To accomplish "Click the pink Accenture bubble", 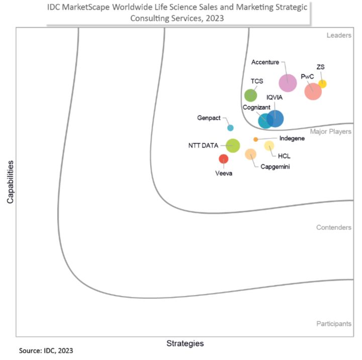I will (288, 82).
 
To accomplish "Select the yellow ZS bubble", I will (322, 84).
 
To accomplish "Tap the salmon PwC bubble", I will (313, 92).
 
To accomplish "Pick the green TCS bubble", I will (250, 95).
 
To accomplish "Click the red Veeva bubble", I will (223, 159).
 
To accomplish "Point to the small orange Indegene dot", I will (255, 139).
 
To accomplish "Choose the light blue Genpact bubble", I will (230, 128).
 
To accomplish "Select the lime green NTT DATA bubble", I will (232, 146).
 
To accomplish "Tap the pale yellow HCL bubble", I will (269, 146).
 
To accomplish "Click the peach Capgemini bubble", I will (250, 154).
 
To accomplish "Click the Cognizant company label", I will (256, 107).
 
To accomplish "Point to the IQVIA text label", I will (275, 97).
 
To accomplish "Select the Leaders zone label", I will (338, 35).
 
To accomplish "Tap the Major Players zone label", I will (330, 132).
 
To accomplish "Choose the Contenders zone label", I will (333, 228).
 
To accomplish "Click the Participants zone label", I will (333, 324).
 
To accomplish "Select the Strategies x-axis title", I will (185, 343).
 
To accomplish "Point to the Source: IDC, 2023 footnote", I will (46, 350).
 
